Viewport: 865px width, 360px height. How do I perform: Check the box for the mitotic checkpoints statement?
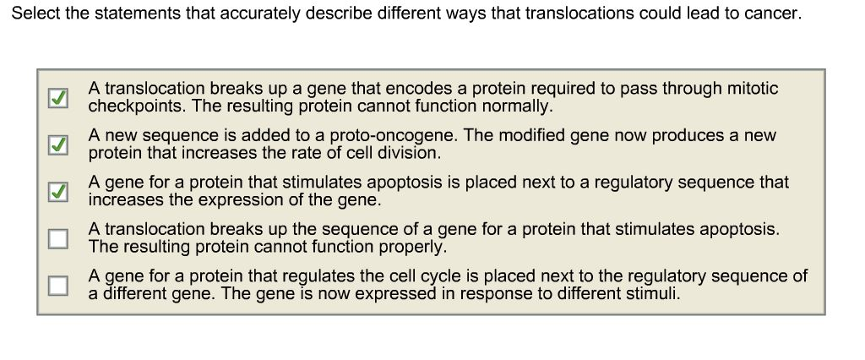point(58,98)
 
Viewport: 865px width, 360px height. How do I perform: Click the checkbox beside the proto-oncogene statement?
point(58,145)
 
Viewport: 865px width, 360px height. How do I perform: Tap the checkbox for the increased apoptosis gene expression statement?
point(58,192)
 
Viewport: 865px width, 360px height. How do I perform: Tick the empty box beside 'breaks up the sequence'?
point(58,238)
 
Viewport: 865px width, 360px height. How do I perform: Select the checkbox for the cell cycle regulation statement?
point(58,286)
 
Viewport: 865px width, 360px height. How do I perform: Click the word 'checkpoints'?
point(137,106)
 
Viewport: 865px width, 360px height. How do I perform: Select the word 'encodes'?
point(413,89)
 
